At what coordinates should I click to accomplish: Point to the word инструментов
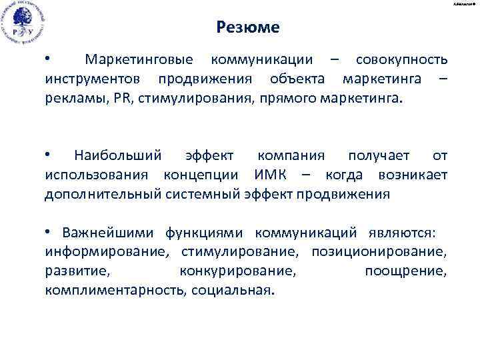(96, 80)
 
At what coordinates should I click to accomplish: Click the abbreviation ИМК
(273, 175)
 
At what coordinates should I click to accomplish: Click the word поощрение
(406, 271)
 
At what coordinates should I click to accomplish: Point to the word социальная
(234, 291)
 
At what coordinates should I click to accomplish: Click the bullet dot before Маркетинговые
(47, 59)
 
